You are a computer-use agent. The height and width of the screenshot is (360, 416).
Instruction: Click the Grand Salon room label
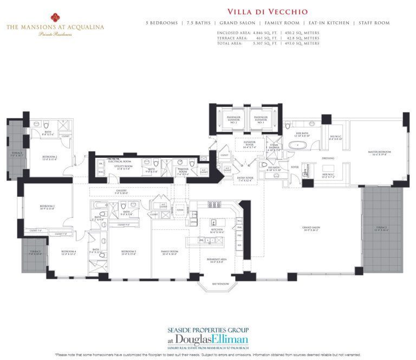coord(313,229)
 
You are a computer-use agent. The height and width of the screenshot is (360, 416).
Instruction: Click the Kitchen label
coord(216,230)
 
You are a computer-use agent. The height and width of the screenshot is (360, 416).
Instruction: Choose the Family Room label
coord(170,252)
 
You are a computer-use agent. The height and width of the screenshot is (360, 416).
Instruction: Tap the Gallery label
coord(121,191)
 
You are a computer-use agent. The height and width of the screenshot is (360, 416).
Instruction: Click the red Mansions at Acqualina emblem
coord(55,16)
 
